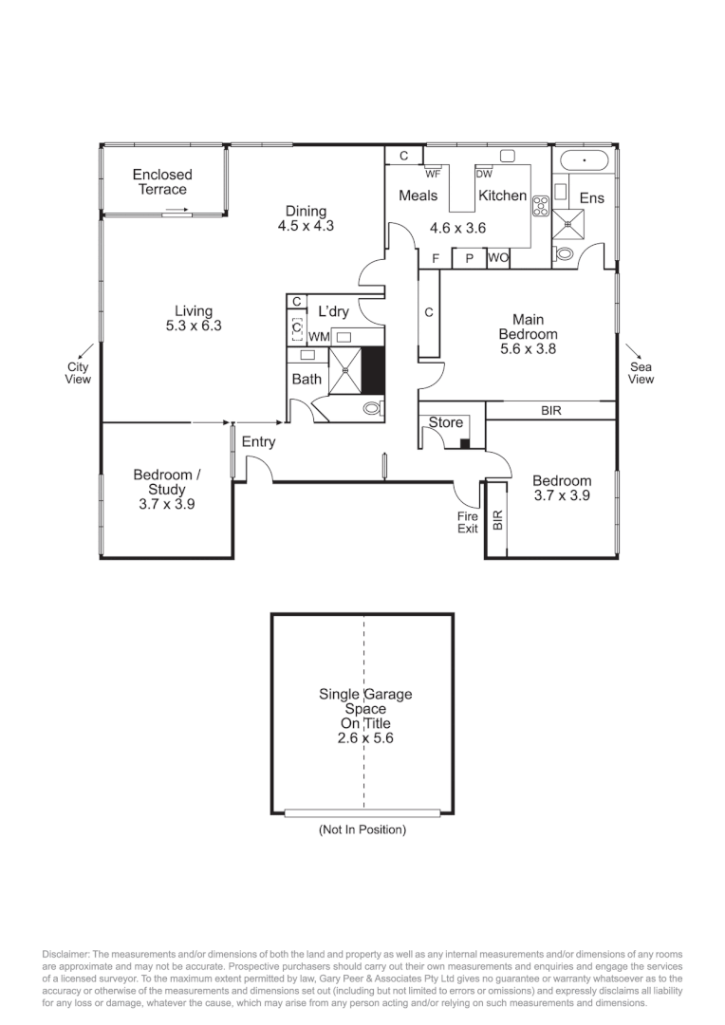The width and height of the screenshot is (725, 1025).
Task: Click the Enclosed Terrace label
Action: pyautogui.click(x=162, y=181)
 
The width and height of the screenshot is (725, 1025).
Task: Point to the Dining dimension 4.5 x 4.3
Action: pyautogui.click(x=306, y=226)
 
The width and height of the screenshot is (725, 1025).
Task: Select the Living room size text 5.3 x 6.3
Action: pyautogui.click(x=193, y=326)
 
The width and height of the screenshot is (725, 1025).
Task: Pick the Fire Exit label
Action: pyautogui.click(x=468, y=522)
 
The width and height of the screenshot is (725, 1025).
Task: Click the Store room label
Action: pyautogui.click(x=446, y=422)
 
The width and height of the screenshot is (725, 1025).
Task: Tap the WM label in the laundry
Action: pyautogui.click(x=319, y=337)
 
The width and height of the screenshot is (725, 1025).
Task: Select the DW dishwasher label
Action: pyautogui.click(x=484, y=174)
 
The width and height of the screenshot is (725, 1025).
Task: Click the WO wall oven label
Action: pyautogui.click(x=498, y=258)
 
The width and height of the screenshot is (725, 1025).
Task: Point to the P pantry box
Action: pyautogui.click(x=469, y=258)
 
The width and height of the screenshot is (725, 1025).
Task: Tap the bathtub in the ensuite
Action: pyautogui.click(x=584, y=159)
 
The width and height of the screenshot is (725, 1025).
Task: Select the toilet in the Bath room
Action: pyautogui.click(x=372, y=408)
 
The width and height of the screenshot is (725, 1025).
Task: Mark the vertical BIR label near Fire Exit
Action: pyautogui.click(x=496, y=519)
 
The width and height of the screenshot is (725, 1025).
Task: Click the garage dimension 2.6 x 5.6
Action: pyautogui.click(x=365, y=737)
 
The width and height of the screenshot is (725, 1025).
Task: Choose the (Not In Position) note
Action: pyautogui.click(x=362, y=829)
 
